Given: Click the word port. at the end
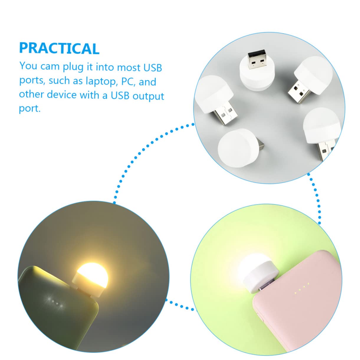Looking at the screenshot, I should click(x=29, y=109).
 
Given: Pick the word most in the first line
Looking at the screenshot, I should click(x=129, y=67).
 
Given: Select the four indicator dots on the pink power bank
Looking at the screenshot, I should click(x=301, y=288).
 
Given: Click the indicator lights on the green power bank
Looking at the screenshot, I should click(x=55, y=302).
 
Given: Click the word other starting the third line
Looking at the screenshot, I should click(x=31, y=94).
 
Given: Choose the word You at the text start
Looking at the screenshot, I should click(x=28, y=66).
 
